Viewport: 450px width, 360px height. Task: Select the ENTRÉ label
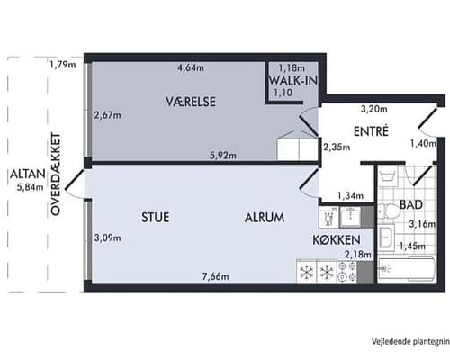[370, 131]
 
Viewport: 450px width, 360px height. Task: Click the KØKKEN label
[337, 240]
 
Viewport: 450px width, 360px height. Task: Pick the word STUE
[157, 217]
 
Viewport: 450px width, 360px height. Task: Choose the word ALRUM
[264, 217]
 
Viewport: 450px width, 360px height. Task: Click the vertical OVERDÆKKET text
[56, 174]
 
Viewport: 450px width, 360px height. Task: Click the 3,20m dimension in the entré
[373, 109]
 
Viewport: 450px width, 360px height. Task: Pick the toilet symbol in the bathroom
[386, 239]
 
